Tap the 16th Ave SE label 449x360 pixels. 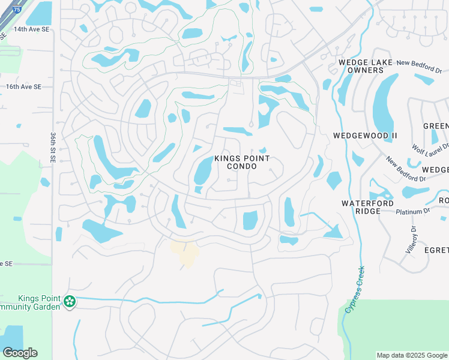click(24, 86)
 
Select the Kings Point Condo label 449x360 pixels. click(242, 162)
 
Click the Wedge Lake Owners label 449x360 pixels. click(365, 66)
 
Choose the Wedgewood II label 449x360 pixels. click(365, 136)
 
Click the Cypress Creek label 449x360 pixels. click(355, 289)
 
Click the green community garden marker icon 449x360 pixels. click(70, 302)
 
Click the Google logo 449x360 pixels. click(20, 353)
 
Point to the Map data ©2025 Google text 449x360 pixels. click(412, 355)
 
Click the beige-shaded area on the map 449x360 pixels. click(185, 253)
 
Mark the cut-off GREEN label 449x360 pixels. click(436, 125)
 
